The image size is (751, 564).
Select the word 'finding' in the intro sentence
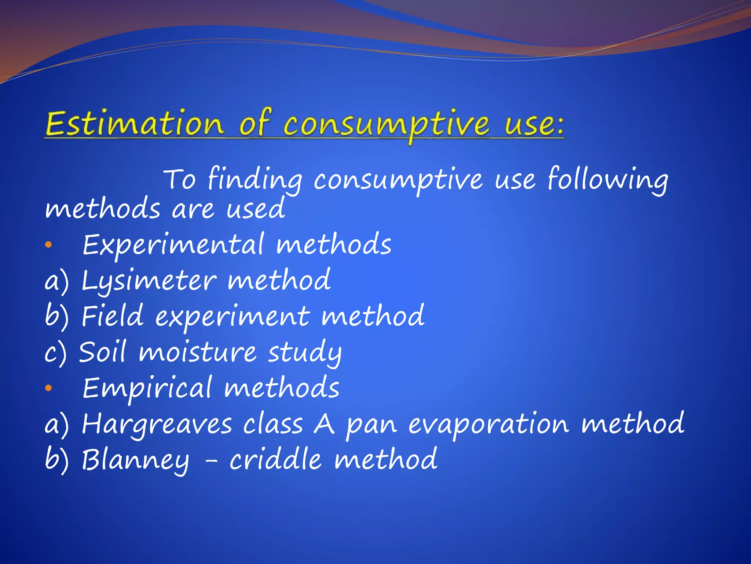pos(255,180)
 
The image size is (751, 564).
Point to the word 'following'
pos(608,180)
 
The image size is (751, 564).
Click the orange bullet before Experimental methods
pos(49,245)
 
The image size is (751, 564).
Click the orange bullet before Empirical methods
pos(49,388)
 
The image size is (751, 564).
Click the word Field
pos(112,316)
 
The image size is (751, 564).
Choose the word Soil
pos(102,352)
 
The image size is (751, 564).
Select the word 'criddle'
pos(275,459)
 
